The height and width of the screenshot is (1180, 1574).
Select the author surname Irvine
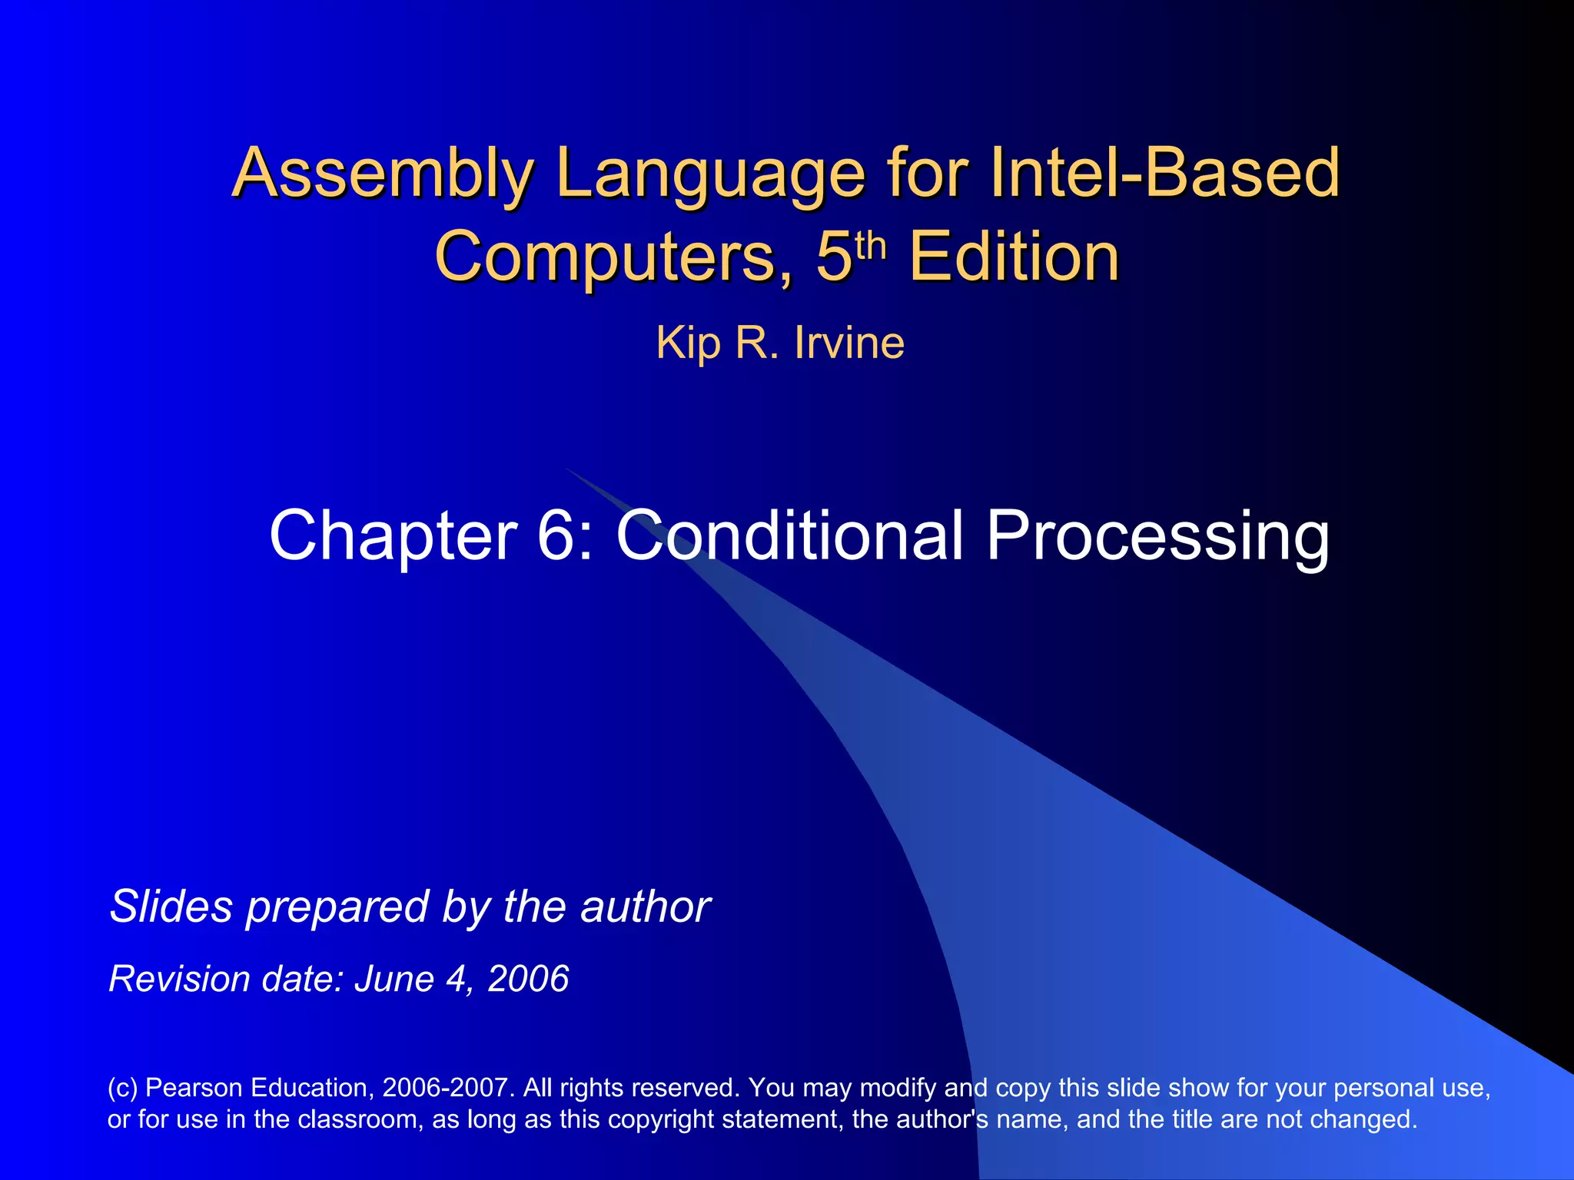pyautogui.click(x=849, y=343)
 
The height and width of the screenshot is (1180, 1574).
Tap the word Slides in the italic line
pyautogui.click(x=171, y=907)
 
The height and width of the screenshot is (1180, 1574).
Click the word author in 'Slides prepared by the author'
pyautogui.click(x=645, y=907)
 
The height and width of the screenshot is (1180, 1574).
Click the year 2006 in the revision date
pyautogui.click(x=528, y=979)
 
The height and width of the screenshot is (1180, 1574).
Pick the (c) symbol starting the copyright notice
pyautogui.click(x=122, y=1088)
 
